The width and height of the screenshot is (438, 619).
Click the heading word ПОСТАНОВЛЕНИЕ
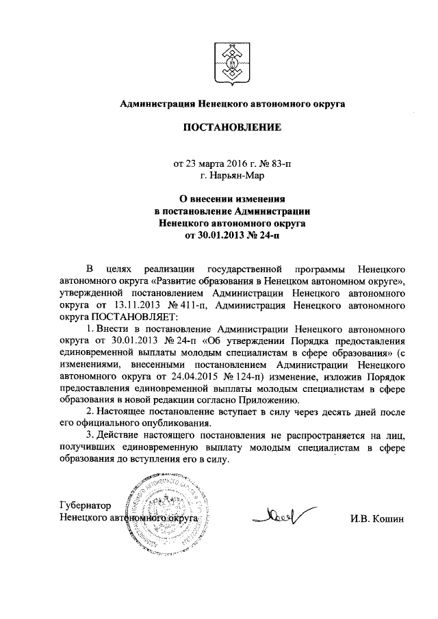[x=231, y=128]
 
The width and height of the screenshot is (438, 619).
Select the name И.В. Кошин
[x=378, y=518]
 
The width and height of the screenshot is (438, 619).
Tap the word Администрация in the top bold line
[x=156, y=104]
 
